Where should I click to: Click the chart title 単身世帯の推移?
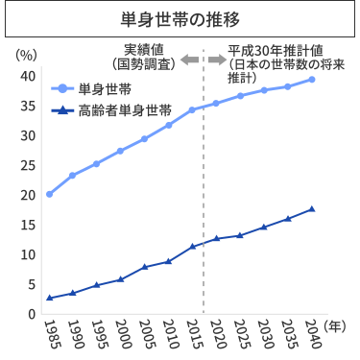coord(180,18)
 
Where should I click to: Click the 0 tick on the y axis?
coord(32,314)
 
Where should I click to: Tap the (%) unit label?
coord(26,54)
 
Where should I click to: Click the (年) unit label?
coord(338,326)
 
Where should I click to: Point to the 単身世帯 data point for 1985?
coord(49,194)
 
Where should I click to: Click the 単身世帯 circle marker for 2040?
coord(311,79)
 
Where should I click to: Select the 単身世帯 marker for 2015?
coord(192,109)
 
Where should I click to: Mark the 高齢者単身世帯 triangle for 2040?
coord(311,208)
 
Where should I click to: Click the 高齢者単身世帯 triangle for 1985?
coord(49,298)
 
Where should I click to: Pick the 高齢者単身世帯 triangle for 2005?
coord(144,266)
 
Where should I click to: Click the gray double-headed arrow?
coord(203,60)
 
